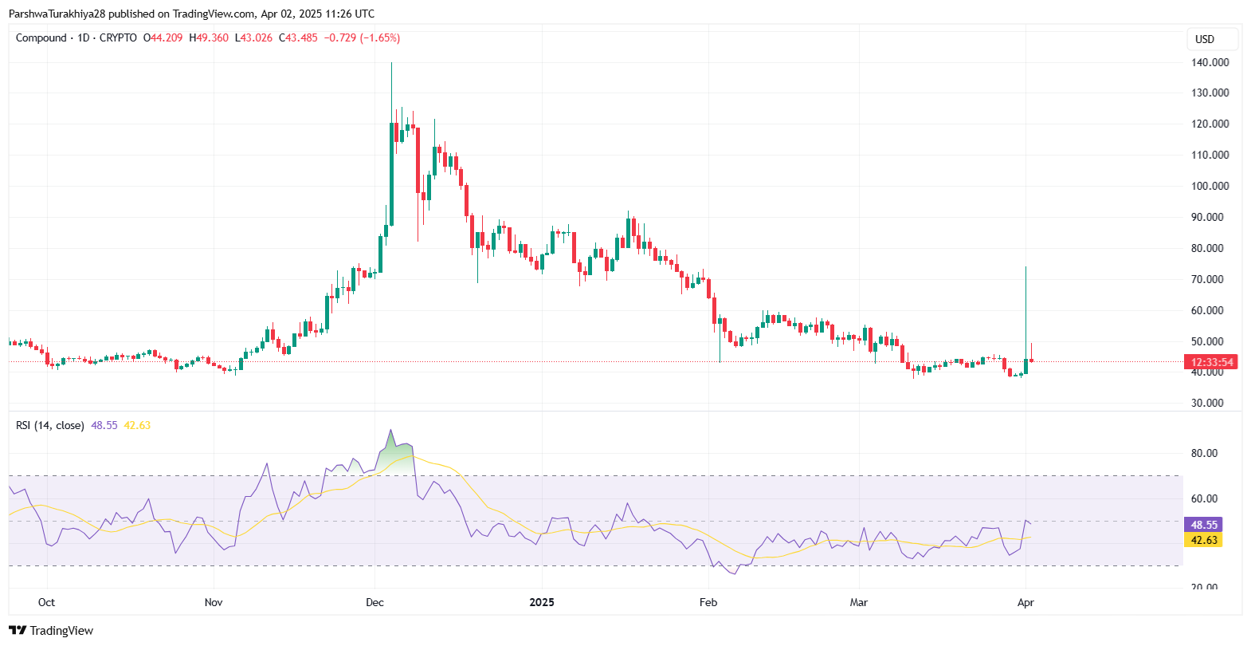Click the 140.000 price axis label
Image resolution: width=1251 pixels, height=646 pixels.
pos(1209,62)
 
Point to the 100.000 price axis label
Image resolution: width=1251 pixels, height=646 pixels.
pos(1209,186)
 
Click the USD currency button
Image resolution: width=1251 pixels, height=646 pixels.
pos(1205,39)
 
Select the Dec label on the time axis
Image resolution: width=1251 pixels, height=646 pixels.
pos(375,602)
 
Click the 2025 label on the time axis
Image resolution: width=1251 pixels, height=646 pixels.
pos(542,602)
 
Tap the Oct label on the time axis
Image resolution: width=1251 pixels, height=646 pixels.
pos(46,602)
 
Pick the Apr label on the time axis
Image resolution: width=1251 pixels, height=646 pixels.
pos(1026,602)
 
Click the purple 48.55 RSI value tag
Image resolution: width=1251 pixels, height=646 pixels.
pos(1203,525)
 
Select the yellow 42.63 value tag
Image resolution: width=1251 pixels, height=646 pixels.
pos(1203,540)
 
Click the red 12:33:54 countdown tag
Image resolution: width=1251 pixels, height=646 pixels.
pos(1212,362)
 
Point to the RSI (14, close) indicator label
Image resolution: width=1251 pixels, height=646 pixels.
pos(49,425)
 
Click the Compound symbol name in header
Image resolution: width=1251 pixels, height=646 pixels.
pos(41,37)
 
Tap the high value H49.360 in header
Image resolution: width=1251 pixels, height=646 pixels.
pos(209,37)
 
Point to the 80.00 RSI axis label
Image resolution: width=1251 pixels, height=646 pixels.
pos(1204,453)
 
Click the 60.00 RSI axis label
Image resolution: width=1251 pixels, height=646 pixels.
pos(1204,498)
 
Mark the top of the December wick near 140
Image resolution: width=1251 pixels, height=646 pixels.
pos(391,64)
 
